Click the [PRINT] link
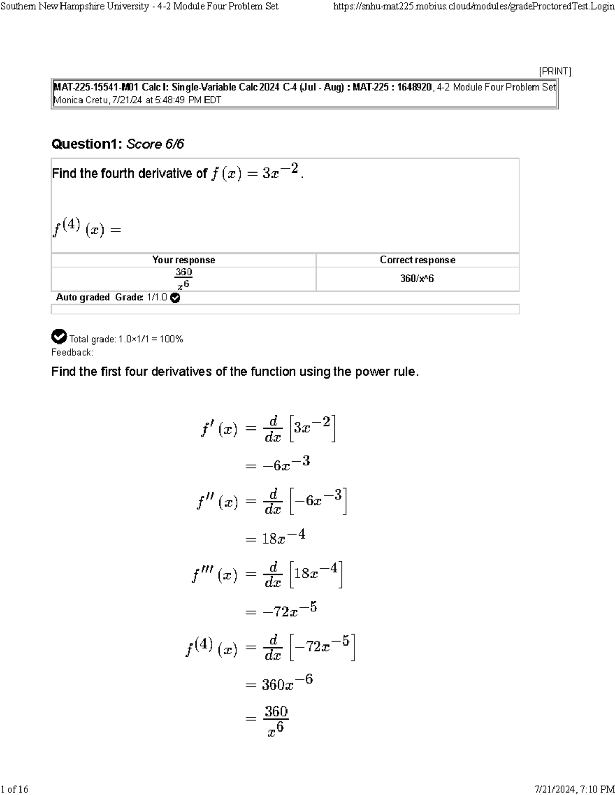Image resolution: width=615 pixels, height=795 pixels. coord(555,71)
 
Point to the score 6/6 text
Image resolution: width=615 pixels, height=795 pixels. coord(155,144)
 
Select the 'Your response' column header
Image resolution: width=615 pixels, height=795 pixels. coord(183,260)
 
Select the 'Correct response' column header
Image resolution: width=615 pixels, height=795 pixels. coord(417,260)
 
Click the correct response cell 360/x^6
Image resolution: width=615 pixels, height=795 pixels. coord(417,278)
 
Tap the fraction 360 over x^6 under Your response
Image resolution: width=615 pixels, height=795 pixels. coord(183,278)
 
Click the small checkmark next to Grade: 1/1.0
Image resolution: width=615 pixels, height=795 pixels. coord(175,298)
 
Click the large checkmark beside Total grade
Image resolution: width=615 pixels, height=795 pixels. coord(59,337)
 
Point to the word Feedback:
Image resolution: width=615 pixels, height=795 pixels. coord(72,352)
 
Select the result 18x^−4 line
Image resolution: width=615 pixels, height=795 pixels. coord(283,537)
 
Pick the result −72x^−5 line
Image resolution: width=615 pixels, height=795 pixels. coord(290,610)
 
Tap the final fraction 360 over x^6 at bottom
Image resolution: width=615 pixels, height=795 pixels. coord(276,720)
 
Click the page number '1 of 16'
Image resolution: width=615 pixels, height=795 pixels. coord(14,789)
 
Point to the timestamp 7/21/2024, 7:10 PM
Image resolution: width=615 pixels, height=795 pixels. coord(574,789)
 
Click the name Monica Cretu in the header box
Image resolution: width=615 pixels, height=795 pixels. coord(80,100)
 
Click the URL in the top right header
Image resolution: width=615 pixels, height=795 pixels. coord(473,6)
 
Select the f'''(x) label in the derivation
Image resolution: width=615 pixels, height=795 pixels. coord(214,575)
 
